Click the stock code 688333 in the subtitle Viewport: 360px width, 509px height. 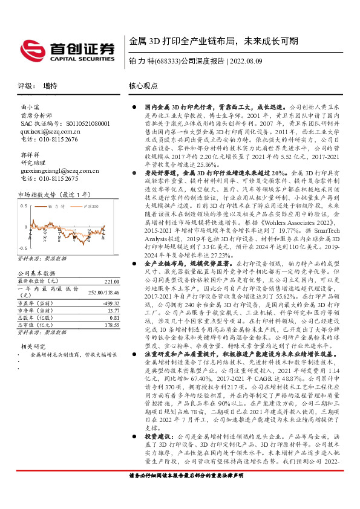pyautogui.click(x=164, y=61)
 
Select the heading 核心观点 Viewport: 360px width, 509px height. pyautogui.click(x=143, y=86)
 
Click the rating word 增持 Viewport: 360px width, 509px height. pyautogui.click(x=50, y=86)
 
